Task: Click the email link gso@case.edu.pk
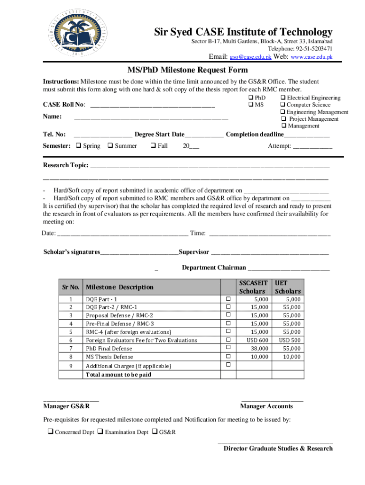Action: click(x=251, y=57)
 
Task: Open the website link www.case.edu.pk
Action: click(x=311, y=57)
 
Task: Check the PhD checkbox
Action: click(x=251, y=98)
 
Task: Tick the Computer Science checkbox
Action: click(x=283, y=105)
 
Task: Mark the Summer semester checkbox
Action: click(x=110, y=146)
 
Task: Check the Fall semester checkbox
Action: click(x=153, y=146)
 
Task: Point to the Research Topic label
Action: click(x=65, y=165)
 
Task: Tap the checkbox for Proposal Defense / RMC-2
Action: click(x=228, y=315)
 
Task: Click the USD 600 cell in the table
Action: click(x=257, y=340)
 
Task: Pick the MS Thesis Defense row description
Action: click(x=109, y=357)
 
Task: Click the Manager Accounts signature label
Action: click(x=266, y=406)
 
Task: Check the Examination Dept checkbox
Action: click(x=100, y=432)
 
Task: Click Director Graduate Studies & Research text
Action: click(x=278, y=448)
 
